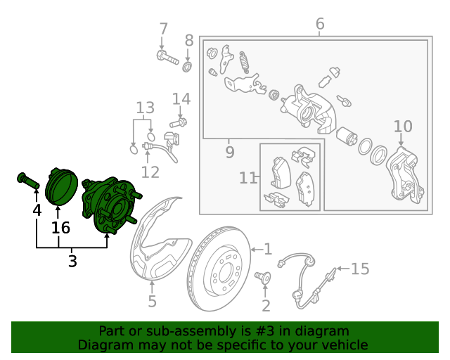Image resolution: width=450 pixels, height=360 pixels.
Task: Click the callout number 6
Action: tap(320, 24)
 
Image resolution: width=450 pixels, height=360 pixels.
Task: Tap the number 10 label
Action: tap(403, 127)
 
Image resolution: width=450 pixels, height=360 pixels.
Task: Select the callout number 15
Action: tap(360, 269)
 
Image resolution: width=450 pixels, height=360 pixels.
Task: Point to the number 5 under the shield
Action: tap(152, 301)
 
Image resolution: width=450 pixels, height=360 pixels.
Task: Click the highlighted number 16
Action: tap(60, 228)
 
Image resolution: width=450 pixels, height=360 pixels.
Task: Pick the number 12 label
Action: tap(150, 172)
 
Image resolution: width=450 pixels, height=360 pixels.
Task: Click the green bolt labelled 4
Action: tap(28, 180)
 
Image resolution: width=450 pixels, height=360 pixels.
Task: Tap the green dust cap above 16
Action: tap(61, 187)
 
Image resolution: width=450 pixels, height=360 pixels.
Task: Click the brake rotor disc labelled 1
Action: tap(219, 269)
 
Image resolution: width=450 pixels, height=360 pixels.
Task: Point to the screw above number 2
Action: tap(262, 278)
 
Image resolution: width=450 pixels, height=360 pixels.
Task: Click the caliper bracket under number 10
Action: tap(405, 176)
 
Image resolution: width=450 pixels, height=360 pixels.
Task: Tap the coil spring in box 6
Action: tap(244, 63)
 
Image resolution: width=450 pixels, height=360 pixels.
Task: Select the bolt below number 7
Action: tap(167, 57)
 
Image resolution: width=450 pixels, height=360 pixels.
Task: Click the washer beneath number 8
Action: tap(188, 67)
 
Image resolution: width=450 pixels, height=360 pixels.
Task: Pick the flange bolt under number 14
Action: tap(178, 123)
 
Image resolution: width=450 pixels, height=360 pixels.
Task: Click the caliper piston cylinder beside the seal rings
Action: tap(347, 137)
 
